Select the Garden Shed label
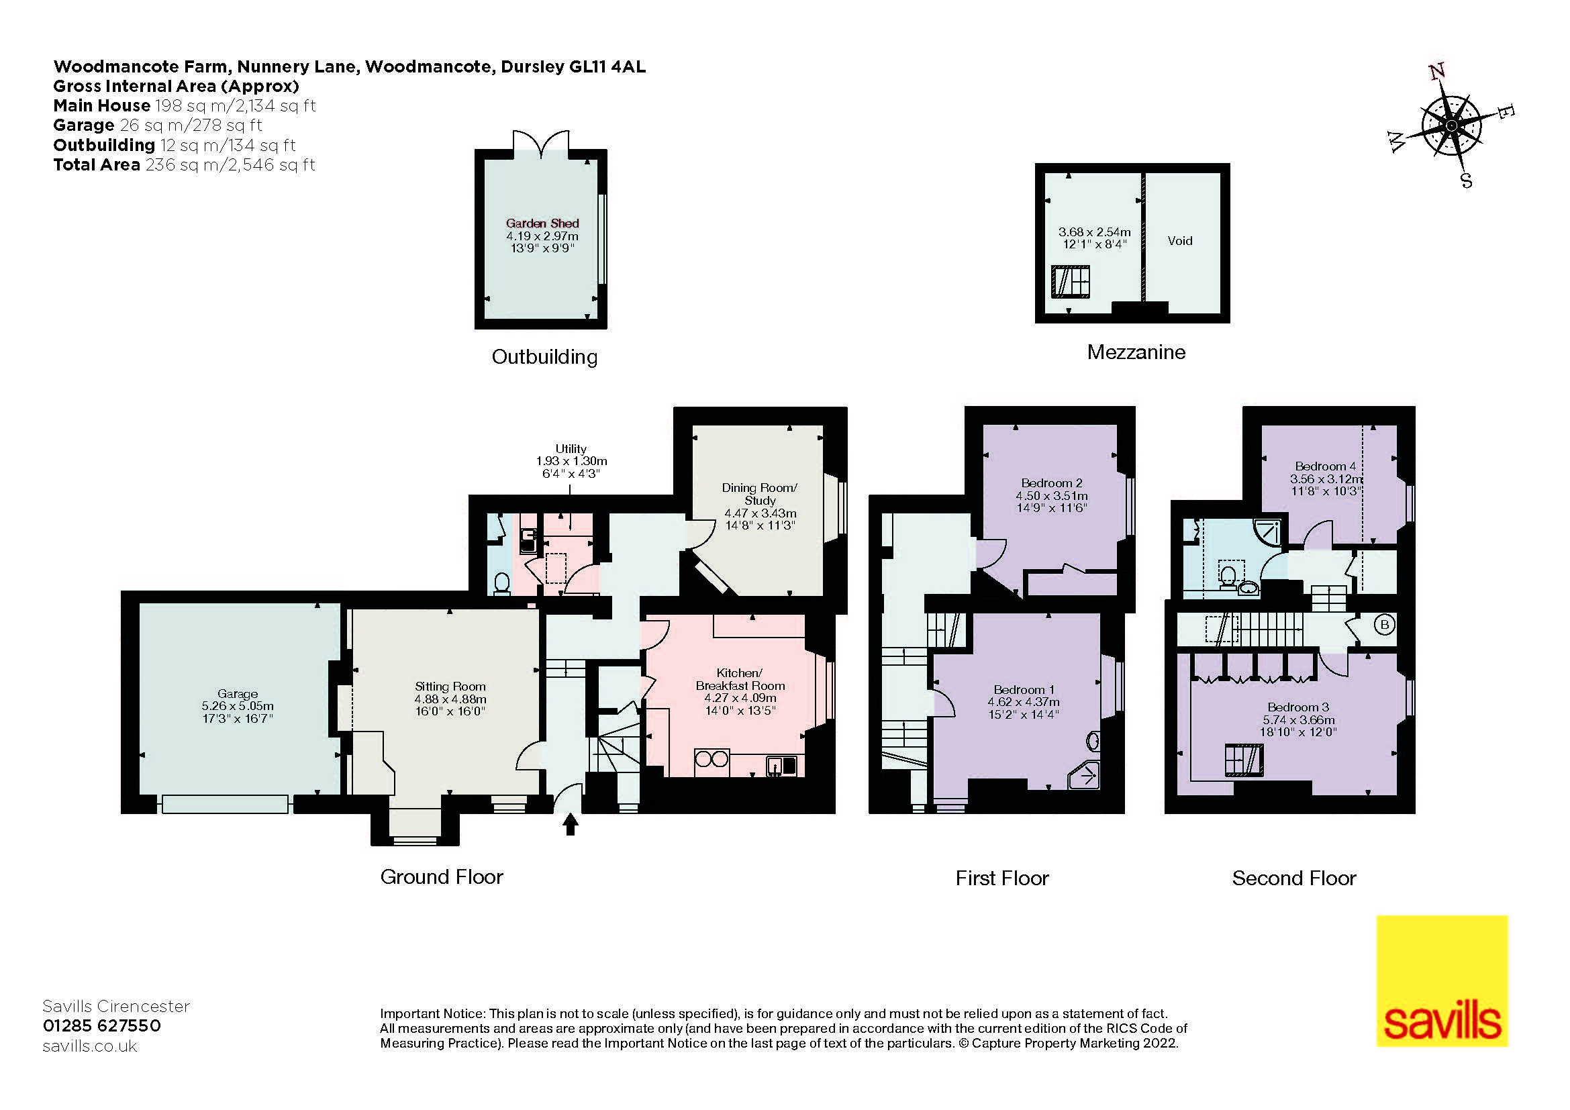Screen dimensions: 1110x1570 tap(542, 223)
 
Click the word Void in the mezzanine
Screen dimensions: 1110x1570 tap(1179, 241)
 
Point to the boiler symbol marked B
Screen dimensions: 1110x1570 tap(1385, 625)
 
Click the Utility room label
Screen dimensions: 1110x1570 tap(571, 449)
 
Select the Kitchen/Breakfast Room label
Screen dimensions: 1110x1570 tap(740, 678)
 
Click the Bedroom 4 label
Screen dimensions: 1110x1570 tap(1325, 466)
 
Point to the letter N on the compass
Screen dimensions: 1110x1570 tap(1436, 71)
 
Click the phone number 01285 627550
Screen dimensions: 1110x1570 tap(102, 1025)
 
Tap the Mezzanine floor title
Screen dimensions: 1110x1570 tap(1136, 352)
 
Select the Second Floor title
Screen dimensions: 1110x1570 tap(1293, 878)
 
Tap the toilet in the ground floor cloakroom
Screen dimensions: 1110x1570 tap(503, 583)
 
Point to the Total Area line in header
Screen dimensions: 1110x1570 tap(184, 164)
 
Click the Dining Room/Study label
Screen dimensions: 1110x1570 tap(759, 493)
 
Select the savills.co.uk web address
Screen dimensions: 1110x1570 tap(89, 1046)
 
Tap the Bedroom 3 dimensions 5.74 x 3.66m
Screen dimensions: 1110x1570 tap(1298, 719)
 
